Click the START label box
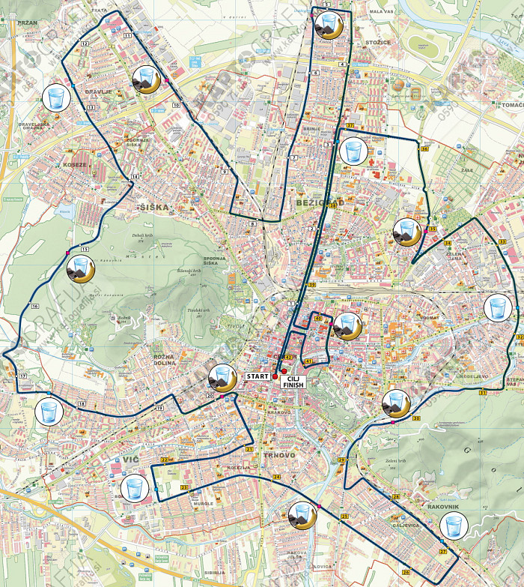click(x=257, y=376)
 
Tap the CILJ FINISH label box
click(x=293, y=380)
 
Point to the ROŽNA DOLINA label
click(x=164, y=359)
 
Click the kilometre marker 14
click(x=135, y=177)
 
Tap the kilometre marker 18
click(x=82, y=405)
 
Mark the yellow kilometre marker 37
click(x=350, y=124)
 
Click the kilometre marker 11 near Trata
click(x=127, y=35)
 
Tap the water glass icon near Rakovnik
click(x=453, y=526)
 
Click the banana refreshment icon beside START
click(x=222, y=377)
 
